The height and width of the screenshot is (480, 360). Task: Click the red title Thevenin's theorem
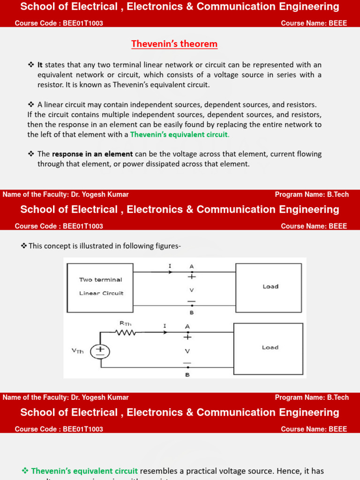click(x=174, y=44)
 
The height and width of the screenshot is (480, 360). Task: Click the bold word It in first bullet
click(x=40, y=65)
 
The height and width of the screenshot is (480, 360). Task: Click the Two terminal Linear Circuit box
click(x=100, y=286)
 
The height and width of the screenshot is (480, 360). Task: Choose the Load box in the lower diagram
click(x=268, y=348)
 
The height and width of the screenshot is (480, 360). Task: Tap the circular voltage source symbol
click(x=100, y=352)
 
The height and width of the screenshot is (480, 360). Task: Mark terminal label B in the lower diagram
click(x=187, y=375)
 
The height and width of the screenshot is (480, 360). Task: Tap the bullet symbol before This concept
click(x=24, y=246)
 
